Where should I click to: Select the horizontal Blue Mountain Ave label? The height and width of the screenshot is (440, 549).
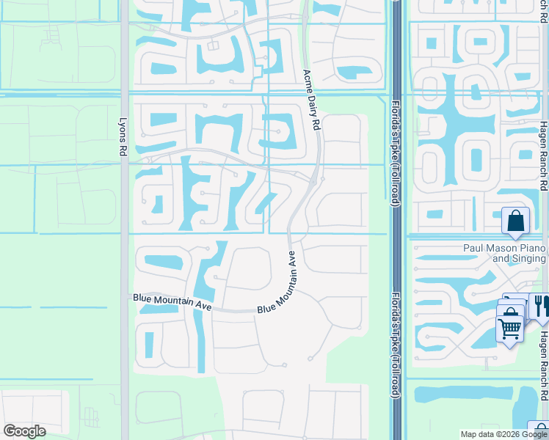pyautogui.click(x=172, y=302)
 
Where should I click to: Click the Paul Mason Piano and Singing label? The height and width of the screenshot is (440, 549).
pyautogui.click(x=504, y=253)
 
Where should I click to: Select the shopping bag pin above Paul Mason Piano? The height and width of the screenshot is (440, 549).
pyautogui.click(x=515, y=221)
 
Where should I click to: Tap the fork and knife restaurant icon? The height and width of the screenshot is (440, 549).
pyautogui.click(x=541, y=306)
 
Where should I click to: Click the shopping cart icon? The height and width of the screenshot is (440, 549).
pyautogui.click(x=509, y=328)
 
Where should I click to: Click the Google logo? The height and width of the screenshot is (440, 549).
pyautogui.click(x=24, y=431)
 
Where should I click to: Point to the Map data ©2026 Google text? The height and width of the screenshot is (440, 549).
pyautogui.click(x=503, y=434)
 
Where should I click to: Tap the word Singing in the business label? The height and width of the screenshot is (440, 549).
pyautogui.click(x=528, y=258)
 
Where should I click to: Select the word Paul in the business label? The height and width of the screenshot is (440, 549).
pyautogui.click(x=473, y=248)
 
